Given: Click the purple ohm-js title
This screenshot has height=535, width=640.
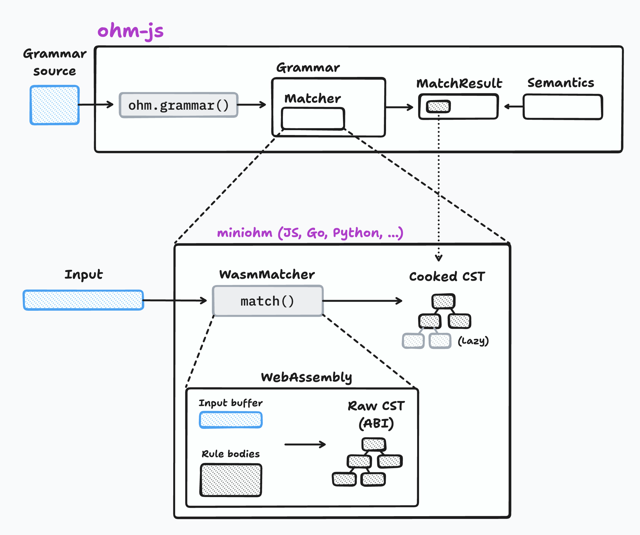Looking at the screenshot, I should coord(130,31).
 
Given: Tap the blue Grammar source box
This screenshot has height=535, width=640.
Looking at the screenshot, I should coord(55,105).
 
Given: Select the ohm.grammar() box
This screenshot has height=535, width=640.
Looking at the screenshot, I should coord(179,105).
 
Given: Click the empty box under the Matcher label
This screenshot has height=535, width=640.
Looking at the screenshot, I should coord(313,119).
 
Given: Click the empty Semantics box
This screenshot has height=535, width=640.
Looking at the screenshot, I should coord(563,107).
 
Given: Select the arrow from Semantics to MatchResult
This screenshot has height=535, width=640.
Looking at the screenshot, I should coord(514,106).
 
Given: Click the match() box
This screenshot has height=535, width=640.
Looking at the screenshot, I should coord(268,301).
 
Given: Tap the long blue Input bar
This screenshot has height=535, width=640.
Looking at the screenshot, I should coord(83,300).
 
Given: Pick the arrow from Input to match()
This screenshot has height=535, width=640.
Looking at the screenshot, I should coord(175,301).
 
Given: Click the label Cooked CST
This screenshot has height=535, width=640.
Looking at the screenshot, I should coord(447,276).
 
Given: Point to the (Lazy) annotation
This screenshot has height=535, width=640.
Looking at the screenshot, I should coord(473,340).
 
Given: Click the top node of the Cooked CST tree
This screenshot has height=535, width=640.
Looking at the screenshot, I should coord(443,301).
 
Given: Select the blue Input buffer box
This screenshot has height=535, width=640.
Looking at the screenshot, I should coord(231,420).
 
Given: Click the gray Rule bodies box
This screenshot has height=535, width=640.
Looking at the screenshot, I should coord(231,480).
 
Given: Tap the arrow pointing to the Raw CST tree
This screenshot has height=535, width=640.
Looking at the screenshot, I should coord(305,444).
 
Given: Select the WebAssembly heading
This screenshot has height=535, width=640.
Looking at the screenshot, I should coord(306,377).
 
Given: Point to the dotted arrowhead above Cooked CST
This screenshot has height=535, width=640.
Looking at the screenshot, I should coord(439,258).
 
